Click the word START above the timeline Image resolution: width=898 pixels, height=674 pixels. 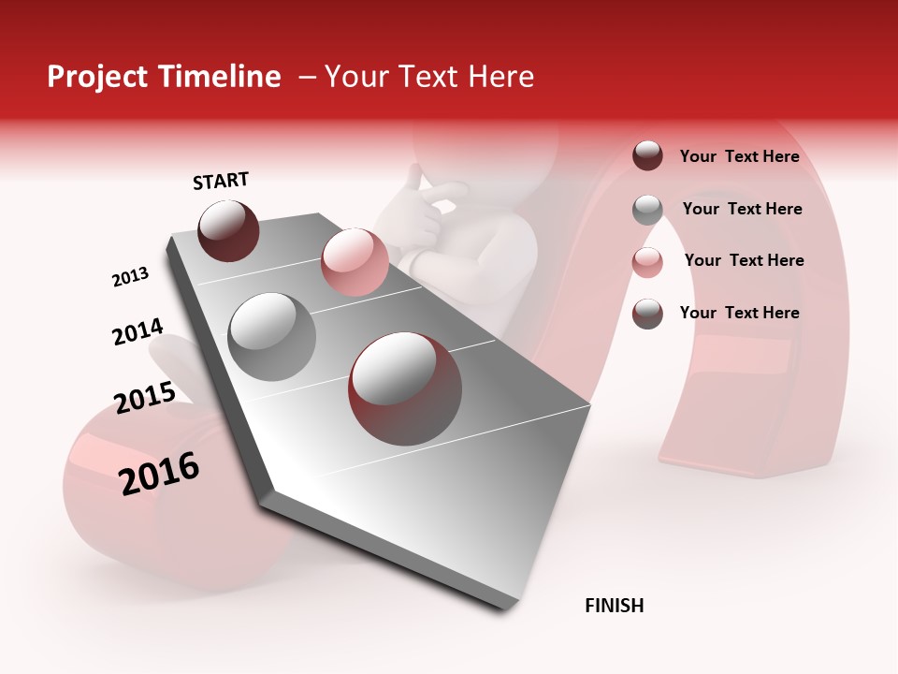click(x=221, y=181)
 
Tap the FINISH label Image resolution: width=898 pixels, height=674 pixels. click(x=614, y=606)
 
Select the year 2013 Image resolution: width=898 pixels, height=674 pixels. click(x=130, y=277)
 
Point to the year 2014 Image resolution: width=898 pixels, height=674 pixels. click(x=138, y=332)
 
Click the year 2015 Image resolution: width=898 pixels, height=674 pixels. click(x=145, y=398)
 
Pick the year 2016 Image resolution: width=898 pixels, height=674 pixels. click(x=160, y=473)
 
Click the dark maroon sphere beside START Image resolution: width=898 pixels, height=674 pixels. click(x=228, y=230)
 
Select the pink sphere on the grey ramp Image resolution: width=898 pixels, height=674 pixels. click(x=355, y=261)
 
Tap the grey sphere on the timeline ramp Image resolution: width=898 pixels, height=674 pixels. click(x=271, y=336)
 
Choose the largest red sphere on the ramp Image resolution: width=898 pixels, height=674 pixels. click(x=404, y=388)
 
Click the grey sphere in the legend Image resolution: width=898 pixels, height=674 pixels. click(x=647, y=210)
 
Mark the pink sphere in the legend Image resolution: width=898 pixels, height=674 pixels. click(x=647, y=262)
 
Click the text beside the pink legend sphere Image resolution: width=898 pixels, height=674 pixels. click(x=744, y=260)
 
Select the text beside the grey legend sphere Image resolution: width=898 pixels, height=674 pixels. click(x=742, y=209)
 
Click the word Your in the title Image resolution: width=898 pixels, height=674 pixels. click(x=355, y=77)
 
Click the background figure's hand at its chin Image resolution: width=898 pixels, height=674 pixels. click(x=426, y=201)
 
